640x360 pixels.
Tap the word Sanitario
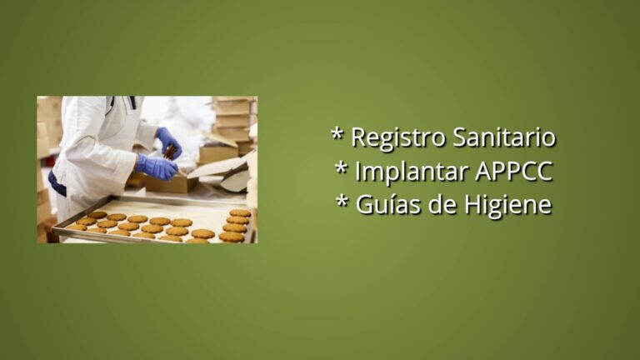point(504,137)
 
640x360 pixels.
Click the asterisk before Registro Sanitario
point(337,134)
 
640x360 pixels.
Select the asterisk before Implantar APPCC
point(342,167)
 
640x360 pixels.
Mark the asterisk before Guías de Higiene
point(342,201)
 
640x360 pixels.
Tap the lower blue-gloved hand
point(157,167)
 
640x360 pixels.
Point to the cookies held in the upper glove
point(171,152)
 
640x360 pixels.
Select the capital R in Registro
point(359,137)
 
